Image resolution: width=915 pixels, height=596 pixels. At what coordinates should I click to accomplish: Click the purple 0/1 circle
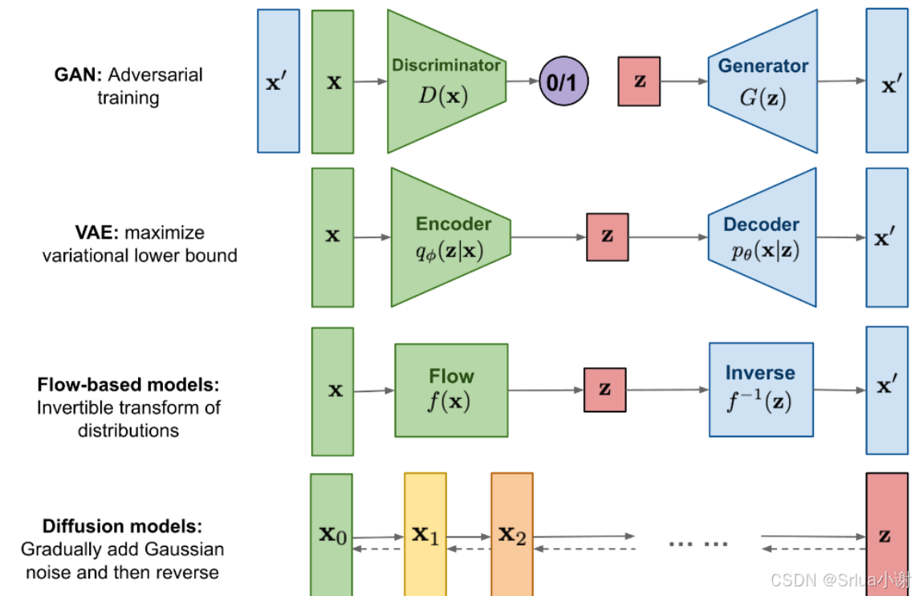pos(563,81)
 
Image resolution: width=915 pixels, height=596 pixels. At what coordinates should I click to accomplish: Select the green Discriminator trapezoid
pos(446,81)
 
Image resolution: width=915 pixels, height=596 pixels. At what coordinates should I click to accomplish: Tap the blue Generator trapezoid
pos(762,81)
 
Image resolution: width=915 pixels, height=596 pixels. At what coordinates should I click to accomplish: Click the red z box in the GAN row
pos(639,81)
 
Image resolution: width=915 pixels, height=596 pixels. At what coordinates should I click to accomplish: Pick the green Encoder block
pos(450,237)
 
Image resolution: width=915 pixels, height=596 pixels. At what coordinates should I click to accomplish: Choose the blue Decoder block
pos(762,237)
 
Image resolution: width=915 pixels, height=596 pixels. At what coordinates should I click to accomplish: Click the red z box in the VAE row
pos(608,237)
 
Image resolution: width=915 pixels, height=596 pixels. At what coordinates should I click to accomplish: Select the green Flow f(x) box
pos(452,390)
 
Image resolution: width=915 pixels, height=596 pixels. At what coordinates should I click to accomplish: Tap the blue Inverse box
pos(761,390)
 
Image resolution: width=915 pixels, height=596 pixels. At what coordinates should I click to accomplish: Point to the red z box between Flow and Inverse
pos(605,390)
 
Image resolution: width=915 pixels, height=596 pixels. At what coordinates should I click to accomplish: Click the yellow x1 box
pos(425,534)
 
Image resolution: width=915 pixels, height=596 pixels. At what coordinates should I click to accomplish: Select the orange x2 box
pos(512,534)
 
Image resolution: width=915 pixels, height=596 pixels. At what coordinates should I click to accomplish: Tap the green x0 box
pos(331,535)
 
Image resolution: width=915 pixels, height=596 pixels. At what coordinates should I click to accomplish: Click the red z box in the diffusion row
pos(887,534)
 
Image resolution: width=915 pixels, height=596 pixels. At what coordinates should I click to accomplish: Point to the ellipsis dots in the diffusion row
pos(698,544)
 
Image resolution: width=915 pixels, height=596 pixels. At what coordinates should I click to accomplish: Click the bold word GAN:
pos(78,75)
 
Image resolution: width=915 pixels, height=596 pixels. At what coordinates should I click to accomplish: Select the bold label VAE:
pos(97,232)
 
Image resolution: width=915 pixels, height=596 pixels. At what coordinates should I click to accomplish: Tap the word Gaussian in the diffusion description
pos(185,549)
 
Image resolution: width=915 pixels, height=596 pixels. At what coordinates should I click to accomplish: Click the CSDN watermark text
pos(840,580)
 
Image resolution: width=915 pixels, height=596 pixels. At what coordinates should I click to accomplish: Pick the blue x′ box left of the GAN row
pos(279,81)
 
